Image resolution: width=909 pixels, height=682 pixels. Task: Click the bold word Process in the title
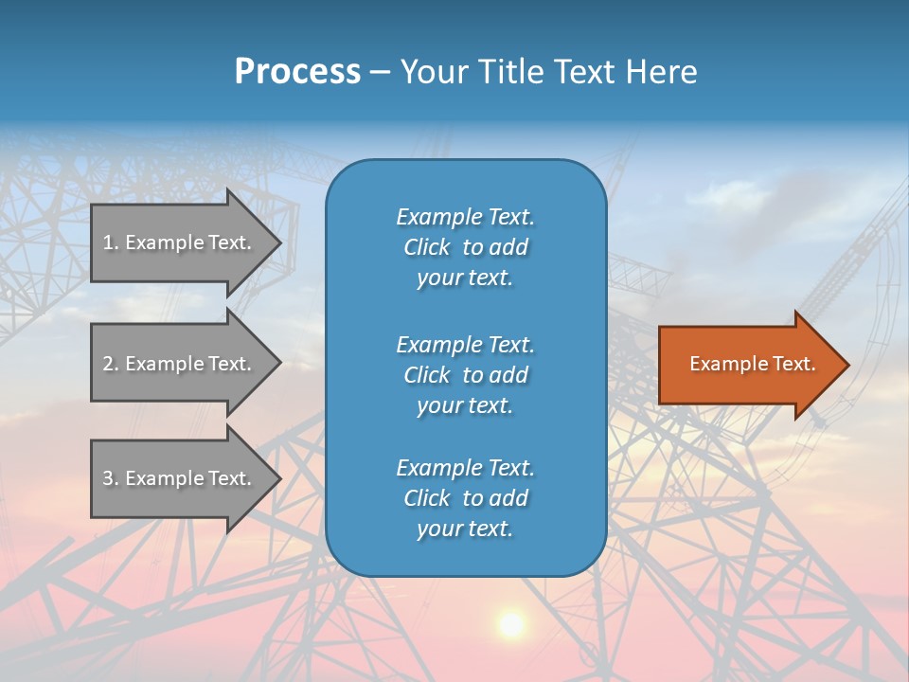(297, 72)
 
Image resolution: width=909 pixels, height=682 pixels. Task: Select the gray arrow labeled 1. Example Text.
(180, 242)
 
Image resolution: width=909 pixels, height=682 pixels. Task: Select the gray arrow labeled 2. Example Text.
(180, 364)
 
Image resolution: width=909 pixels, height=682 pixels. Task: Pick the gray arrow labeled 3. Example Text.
(180, 478)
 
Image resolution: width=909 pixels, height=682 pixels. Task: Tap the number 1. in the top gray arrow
(111, 242)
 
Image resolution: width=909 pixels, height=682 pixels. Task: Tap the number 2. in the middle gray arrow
(111, 364)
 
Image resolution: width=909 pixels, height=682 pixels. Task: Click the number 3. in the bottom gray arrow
(111, 478)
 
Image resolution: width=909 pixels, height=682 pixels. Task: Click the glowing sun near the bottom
(511, 623)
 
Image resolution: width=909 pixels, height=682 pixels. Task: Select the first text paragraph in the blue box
(465, 247)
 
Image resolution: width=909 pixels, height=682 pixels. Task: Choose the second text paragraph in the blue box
(465, 375)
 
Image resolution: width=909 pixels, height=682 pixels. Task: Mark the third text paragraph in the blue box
(465, 498)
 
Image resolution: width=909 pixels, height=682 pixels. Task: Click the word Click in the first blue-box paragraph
(426, 247)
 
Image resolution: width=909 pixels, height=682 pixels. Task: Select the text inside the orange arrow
(752, 364)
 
